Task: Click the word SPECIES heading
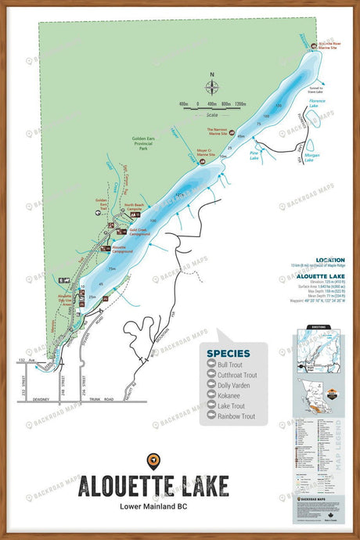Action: (x=229, y=353)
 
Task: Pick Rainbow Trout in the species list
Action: (x=236, y=416)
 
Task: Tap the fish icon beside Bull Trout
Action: (x=210, y=365)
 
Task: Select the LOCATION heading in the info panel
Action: (x=329, y=260)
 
